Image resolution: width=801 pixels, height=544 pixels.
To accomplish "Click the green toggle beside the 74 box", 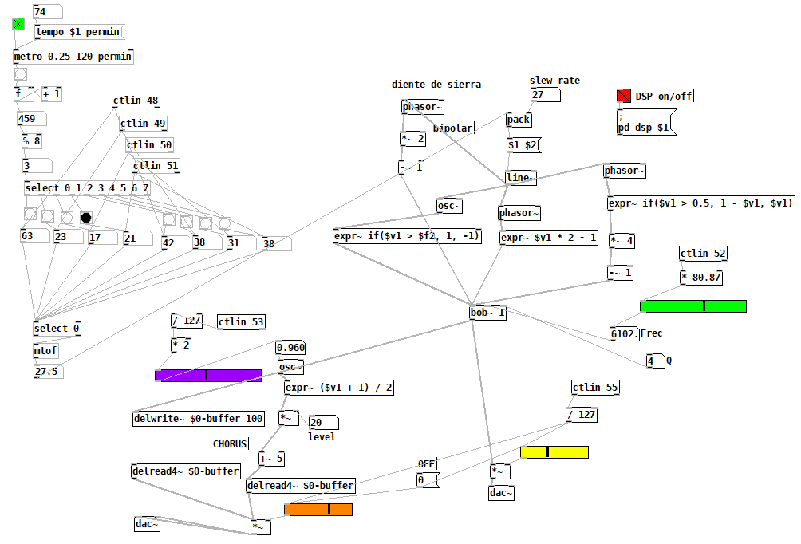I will pyautogui.click(x=18, y=24).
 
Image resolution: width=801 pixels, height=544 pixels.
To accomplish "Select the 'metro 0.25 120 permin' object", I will pyautogui.click(x=73, y=57).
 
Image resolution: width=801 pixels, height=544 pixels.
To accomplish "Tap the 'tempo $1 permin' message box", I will pyautogui.click(x=78, y=32).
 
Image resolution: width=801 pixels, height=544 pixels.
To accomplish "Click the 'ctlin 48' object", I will pyautogui.click(x=136, y=101).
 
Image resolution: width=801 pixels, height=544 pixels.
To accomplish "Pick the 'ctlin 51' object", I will pyautogui.click(x=156, y=166).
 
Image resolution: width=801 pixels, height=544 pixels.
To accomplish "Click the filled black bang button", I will pyautogui.click(x=86, y=217).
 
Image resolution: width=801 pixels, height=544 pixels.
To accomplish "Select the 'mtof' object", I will pyautogui.click(x=45, y=351).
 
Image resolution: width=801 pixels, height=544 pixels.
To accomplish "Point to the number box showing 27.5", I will pyautogui.click(x=49, y=372).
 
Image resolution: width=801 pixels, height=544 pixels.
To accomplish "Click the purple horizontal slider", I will pyautogui.click(x=207, y=376).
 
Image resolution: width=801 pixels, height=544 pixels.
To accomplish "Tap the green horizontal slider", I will pyautogui.click(x=692, y=306).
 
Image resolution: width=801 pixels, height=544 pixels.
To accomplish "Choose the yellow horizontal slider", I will pyautogui.click(x=554, y=452).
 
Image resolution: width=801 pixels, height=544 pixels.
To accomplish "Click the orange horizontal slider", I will pyautogui.click(x=318, y=510).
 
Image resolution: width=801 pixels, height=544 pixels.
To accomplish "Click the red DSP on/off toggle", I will pyautogui.click(x=623, y=97).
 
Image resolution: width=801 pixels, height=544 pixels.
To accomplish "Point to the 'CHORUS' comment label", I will pyautogui.click(x=230, y=443).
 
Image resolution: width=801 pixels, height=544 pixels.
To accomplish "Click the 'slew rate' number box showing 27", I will pyautogui.click(x=544, y=96).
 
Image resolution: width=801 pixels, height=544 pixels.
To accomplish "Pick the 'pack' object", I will pyautogui.click(x=519, y=120).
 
